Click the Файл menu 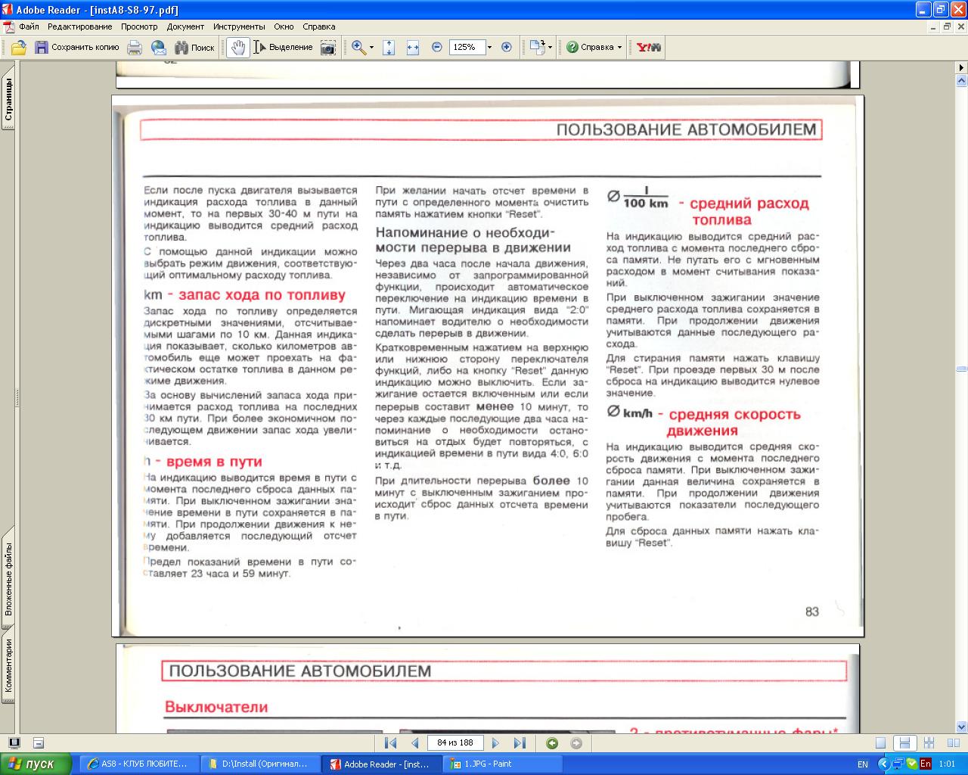[x=29, y=26]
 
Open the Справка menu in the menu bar [x=318, y=26]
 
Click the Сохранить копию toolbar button [x=76, y=47]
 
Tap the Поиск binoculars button [x=194, y=47]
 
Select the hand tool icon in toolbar [x=238, y=47]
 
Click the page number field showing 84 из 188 [x=455, y=743]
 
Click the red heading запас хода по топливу [x=262, y=295]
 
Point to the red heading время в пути [x=214, y=462]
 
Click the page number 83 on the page [x=812, y=612]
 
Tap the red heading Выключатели [x=216, y=707]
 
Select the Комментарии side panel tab [x=8, y=665]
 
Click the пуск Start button [x=36, y=764]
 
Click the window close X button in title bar [x=958, y=9]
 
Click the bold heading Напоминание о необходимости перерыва [x=473, y=240]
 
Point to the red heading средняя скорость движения [x=733, y=422]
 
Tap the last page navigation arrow [x=520, y=743]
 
